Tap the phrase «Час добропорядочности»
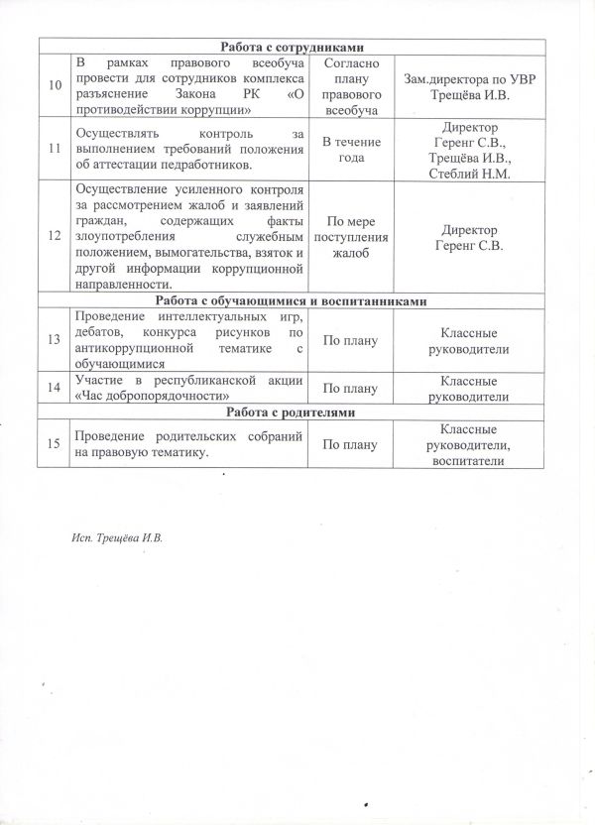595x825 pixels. coord(149,393)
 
